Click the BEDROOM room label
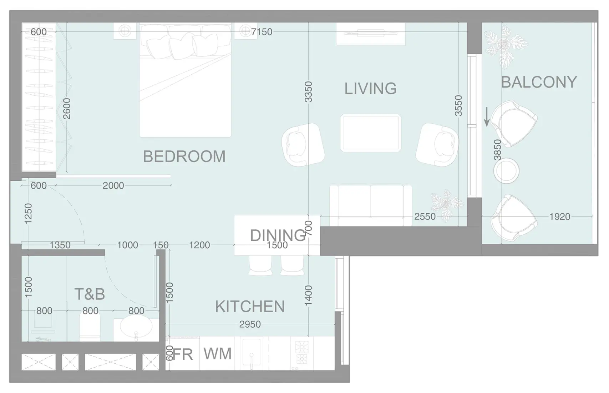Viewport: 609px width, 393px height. pos(184,156)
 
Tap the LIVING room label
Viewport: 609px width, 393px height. pos(370,89)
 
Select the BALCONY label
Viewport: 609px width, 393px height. pos(539,82)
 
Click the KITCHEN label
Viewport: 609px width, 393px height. pos(250,307)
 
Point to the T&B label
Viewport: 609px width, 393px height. pos(90,294)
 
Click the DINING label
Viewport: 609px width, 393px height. pos(278,235)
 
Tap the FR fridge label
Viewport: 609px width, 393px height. pos(183,354)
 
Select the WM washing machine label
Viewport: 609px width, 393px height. pos(217,354)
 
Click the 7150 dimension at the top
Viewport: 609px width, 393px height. pos(262,32)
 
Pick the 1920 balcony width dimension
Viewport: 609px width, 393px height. pos(559,217)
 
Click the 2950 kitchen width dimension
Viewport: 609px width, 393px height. pos(250,324)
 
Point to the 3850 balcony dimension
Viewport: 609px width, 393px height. pos(497,150)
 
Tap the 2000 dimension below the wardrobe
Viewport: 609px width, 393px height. pos(113,186)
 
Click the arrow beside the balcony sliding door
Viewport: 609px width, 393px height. pos(487,118)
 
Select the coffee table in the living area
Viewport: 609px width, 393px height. pos(370,133)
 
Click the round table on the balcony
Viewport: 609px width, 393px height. pos(506,171)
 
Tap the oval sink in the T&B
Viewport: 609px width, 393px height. pos(136,327)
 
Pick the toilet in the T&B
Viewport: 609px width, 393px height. pos(90,328)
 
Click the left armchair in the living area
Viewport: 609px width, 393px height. pos(303,145)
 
